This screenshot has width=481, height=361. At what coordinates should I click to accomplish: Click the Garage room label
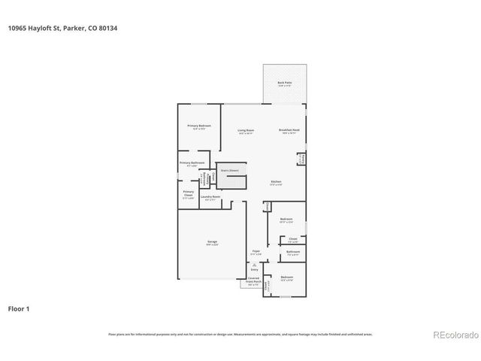(213, 242)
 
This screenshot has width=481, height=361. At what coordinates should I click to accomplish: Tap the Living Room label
(246, 131)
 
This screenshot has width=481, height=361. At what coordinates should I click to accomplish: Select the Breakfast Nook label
(290, 131)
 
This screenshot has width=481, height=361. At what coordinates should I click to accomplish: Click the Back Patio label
(285, 83)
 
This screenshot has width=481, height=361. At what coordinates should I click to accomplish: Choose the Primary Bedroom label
(199, 126)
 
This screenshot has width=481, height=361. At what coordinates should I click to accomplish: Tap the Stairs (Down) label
(229, 171)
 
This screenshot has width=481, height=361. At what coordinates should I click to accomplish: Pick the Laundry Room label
(210, 198)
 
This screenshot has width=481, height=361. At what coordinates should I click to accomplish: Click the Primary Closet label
(189, 193)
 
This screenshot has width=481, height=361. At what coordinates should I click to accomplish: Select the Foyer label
(256, 252)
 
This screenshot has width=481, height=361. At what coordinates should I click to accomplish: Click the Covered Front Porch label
(254, 282)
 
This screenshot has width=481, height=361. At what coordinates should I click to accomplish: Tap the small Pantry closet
(301, 159)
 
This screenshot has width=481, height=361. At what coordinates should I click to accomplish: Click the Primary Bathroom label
(192, 163)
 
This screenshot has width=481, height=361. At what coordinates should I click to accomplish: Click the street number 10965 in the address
(20, 28)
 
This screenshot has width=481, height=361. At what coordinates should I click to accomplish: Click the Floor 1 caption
(20, 308)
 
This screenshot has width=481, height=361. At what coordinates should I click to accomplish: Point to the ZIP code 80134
(107, 28)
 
